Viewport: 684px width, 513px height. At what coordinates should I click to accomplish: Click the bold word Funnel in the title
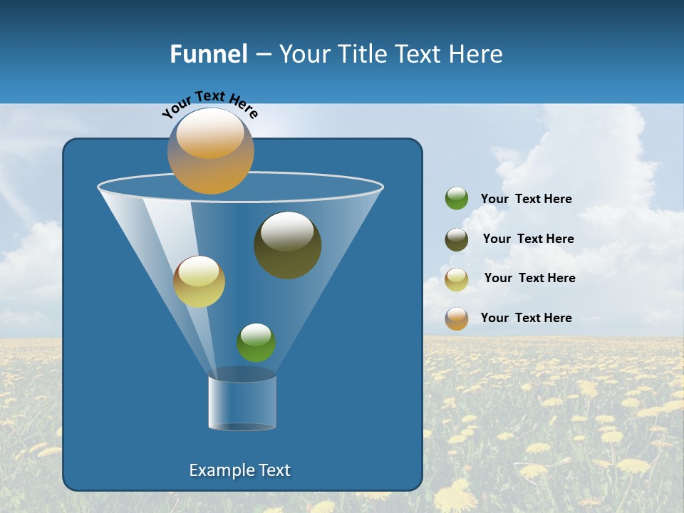click(x=208, y=54)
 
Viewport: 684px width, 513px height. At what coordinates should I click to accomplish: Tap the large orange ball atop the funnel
click(x=210, y=151)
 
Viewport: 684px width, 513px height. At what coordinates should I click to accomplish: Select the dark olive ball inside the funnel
click(x=288, y=246)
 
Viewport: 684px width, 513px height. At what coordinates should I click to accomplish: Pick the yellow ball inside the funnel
click(x=199, y=282)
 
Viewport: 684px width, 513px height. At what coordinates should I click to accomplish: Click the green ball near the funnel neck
click(x=256, y=343)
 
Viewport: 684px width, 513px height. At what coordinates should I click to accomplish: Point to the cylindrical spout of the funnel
click(x=242, y=403)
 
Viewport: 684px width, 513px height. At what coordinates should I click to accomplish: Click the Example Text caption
click(x=239, y=470)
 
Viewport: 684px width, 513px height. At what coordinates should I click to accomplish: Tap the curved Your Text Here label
click(x=209, y=104)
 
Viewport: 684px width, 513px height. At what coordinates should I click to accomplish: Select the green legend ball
click(x=457, y=199)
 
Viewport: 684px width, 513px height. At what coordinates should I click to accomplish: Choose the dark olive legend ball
click(x=457, y=239)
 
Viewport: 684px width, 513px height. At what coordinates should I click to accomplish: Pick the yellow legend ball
click(x=457, y=279)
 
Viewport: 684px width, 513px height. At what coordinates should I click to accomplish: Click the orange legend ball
click(x=457, y=318)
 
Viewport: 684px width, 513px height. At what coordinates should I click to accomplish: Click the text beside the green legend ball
click(x=526, y=199)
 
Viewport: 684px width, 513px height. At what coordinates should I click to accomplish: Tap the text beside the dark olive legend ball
click(x=528, y=239)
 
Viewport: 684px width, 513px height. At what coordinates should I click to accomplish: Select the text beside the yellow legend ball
click(x=529, y=279)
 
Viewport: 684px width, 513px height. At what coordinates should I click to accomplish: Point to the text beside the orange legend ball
click(x=526, y=318)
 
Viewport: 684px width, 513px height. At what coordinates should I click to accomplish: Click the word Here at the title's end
click(x=477, y=54)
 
